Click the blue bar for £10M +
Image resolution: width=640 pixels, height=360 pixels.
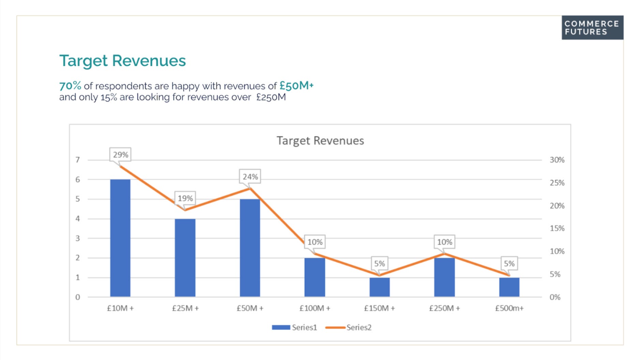coord(120,238)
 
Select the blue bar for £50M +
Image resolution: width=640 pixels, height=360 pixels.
coord(250,248)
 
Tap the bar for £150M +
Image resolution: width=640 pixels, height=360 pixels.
coord(380,287)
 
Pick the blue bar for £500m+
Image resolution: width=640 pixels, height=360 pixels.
coord(509,287)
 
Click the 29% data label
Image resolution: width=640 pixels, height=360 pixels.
coord(120,155)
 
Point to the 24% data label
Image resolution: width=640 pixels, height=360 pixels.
coord(250,177)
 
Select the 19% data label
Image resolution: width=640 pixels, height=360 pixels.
coord(185,198)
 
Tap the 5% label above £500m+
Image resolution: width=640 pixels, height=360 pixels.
coord(509,264)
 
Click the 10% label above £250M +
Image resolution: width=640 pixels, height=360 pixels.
coord(445,242)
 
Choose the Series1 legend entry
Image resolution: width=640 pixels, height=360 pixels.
coord(294,327)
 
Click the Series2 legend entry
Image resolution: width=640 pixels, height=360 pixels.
coord(348,327)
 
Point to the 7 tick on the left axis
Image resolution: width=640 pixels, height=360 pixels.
coord(78,160)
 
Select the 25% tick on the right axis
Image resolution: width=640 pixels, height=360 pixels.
coord(557,183)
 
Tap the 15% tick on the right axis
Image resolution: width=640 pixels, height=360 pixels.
coord(557,228)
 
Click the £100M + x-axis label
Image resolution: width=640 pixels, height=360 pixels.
coord(315,308)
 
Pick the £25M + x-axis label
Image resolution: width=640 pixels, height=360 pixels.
coord(185,308)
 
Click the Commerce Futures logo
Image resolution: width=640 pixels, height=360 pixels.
coord(592,28)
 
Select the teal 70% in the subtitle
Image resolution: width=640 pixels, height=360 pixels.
coord(70,86)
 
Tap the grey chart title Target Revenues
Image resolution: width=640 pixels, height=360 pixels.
coord(320,140)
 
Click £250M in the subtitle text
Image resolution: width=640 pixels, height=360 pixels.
coord(271,97)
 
